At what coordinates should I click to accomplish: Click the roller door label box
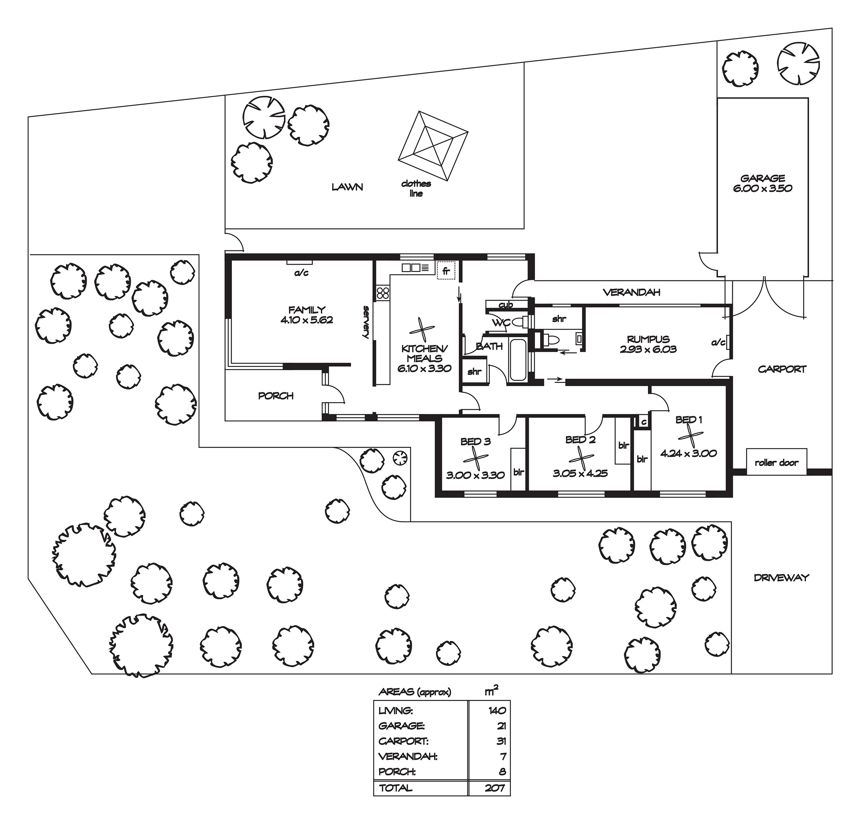[x=776, y=462]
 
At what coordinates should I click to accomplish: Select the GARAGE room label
[x=763, y=178]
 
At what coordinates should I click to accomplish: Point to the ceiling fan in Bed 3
[x=476, y=459]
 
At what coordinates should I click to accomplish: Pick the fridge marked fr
[x=446, y=271]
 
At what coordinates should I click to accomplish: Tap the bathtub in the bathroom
[x=518, y=359]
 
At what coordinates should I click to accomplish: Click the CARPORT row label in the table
[x=403, y=741]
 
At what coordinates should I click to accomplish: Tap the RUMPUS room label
[x=648, y=339]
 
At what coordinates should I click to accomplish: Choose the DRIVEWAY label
[x=781, y=578]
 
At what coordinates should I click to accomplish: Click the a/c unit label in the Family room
[x=301, y=273]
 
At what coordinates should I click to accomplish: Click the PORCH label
[x=276, y=396]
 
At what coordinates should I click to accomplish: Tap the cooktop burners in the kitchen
[x=382, y=293]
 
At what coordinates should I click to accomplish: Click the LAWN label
[x=347, y=187]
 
